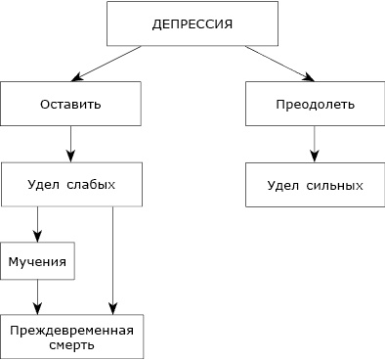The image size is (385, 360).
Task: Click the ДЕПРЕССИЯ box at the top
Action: point(192,23)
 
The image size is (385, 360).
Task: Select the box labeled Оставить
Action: point(71,104)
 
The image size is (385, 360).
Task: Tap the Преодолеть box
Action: point(314,104)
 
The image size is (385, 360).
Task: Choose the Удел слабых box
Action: point(72,184)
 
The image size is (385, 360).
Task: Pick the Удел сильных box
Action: point(315,185)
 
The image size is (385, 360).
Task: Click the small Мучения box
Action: point(38,262)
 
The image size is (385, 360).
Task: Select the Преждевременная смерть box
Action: point(72,337)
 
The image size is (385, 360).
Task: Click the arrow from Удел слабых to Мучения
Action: point(38,224)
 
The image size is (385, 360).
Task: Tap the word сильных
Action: point(335,185)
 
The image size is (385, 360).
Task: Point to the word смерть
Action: point(70,345)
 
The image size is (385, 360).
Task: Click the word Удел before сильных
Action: point(283,185)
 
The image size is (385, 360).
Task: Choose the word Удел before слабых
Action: point(45,184)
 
